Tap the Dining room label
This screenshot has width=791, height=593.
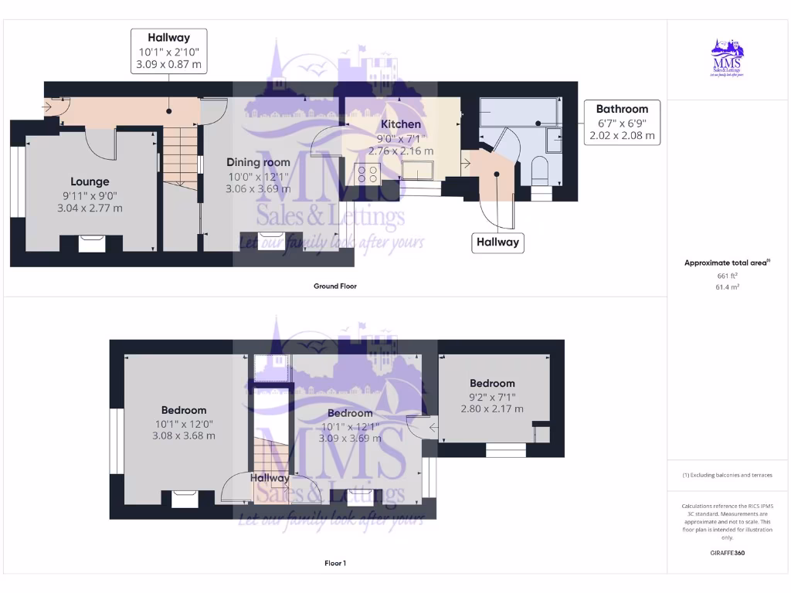[258, 162]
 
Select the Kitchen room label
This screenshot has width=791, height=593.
[402, 124]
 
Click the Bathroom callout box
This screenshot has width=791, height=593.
[622, 122]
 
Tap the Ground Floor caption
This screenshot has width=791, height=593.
[334, 286]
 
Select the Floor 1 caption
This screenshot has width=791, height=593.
[334, 564]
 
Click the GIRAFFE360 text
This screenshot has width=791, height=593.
[727, 553]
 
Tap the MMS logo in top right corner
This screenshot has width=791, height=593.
[727, 59]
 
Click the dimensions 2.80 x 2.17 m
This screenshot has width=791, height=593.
[492, 408]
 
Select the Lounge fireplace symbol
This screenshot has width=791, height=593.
[92, 244]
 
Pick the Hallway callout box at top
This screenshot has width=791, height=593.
[168, 50]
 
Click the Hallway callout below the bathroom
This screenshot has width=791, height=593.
[497, 242]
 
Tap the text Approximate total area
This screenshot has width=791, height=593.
[726, 263]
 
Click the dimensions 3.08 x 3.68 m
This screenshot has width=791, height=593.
[184, 435]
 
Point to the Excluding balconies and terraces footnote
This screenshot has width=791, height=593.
[727, 475]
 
